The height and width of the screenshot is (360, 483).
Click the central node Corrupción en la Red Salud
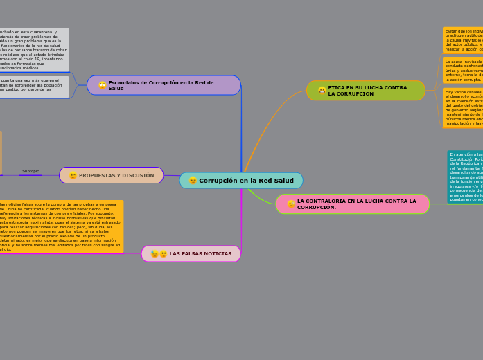point(241,181)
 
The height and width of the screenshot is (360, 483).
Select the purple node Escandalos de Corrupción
point(164,85)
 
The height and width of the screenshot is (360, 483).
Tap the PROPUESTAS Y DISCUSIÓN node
point(112,175)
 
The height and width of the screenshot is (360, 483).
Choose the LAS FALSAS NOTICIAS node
point(191,254)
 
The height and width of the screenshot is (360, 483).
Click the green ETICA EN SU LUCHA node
point(366,91)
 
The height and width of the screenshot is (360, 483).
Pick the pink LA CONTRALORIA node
point(353,204)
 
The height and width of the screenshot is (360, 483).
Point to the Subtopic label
point(30,171)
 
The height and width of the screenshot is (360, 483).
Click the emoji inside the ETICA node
point(322,91)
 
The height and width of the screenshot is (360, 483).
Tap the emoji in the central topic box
point(193,181)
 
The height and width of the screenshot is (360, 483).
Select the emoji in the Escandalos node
point(103,85)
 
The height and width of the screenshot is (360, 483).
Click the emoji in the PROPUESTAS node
point(73,175)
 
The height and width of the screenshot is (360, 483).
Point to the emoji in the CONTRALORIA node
point(291,204)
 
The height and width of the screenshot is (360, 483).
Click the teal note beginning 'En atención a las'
point(465,177)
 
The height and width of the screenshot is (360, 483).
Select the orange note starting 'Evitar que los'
point(463,40)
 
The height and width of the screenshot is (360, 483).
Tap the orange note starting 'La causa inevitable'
point(463,71)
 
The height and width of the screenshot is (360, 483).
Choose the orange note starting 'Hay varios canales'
point(463,107)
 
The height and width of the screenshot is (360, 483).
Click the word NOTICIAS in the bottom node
point(217,254)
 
